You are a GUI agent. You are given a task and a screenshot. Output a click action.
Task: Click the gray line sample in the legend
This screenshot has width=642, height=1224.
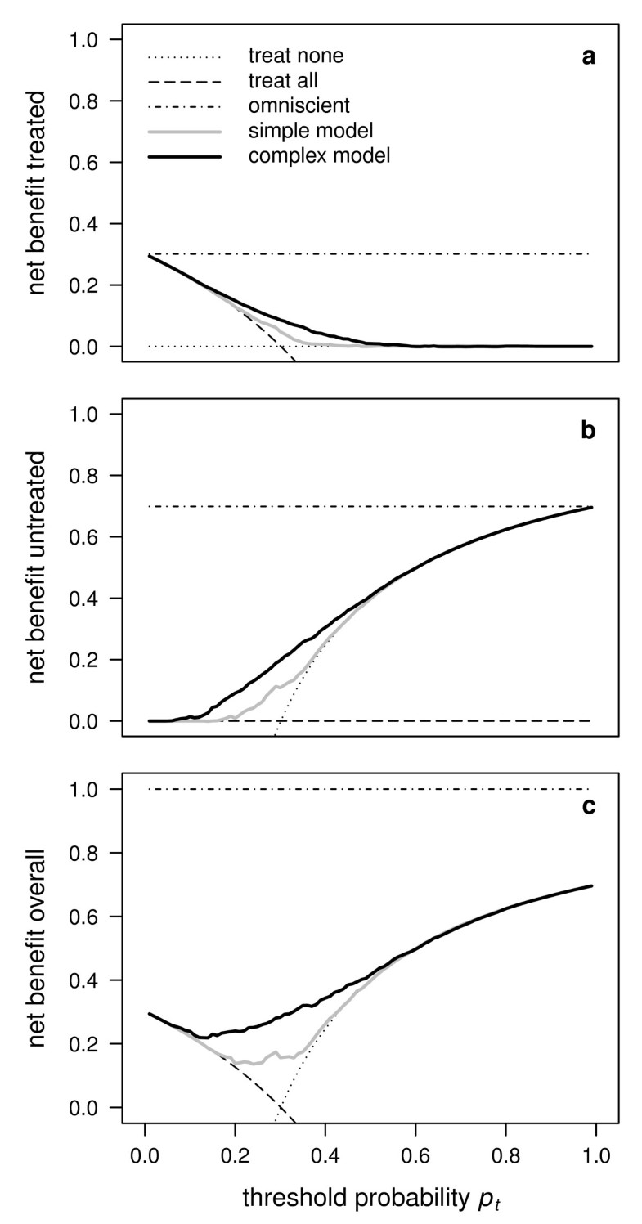[184, 130]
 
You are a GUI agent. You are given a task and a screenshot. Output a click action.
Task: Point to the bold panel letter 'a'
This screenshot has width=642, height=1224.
[588, 57]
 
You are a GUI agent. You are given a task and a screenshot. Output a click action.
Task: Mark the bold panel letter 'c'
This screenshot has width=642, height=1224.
[588, 807]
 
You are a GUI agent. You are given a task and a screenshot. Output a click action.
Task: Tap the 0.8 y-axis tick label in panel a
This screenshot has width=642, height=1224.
[92, 101]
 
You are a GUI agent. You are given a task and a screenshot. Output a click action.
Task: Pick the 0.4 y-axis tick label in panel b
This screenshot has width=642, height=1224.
[92, 599]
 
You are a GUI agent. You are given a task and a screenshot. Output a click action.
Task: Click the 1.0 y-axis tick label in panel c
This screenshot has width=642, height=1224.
[92, 789]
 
